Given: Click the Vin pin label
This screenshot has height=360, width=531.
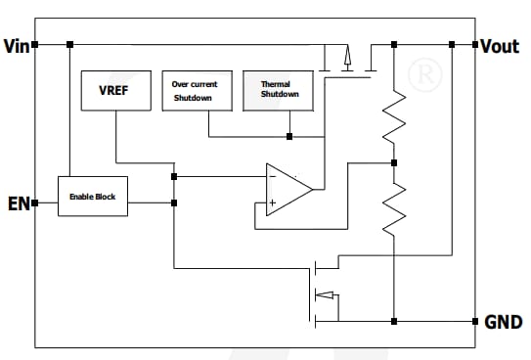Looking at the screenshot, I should coord(16,45).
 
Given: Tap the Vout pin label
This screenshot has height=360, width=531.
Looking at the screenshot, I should coord(500,45).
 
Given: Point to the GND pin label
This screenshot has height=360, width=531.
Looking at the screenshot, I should coord(502,321).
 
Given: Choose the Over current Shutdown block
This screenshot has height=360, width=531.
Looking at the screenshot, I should coord(195,90).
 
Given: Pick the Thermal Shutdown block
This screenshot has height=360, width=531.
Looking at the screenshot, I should coord(275,90).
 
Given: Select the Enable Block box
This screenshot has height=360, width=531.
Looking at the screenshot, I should coord(93,197).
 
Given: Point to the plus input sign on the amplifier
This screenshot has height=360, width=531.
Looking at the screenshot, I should coord(273,202).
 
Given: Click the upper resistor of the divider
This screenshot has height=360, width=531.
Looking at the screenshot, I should coord(393,115).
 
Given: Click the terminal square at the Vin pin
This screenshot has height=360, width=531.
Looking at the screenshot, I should coord(35,45).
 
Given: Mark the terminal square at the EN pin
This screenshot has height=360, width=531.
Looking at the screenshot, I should coord(35,203).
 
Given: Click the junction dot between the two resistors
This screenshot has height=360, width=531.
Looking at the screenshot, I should coord(393,162).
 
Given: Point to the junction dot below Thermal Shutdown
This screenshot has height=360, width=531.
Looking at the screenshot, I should coord(289,136).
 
